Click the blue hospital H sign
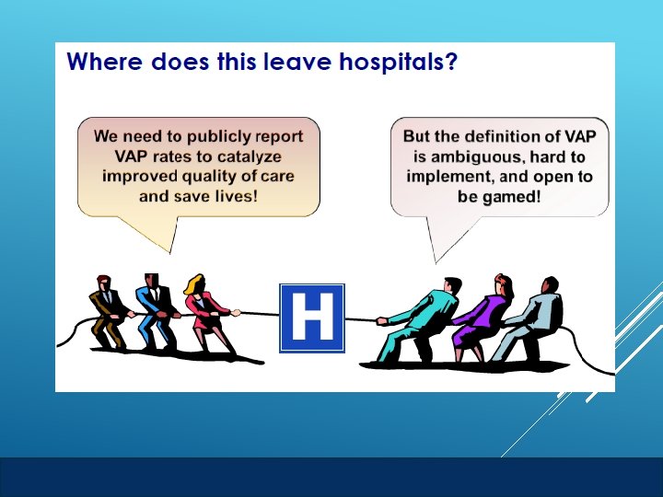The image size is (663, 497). coord(311,318)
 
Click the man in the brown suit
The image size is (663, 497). coord(108,312)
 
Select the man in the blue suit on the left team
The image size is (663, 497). coord(155,312)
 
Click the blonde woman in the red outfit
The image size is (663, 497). coord(207,313)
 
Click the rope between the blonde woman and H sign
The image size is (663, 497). coord(258,314)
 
